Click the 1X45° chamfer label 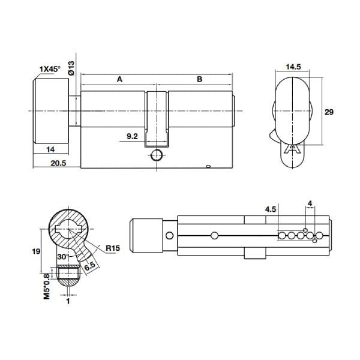(x=49, y=69)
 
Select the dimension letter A (x=119, y=79)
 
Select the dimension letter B (x=200, y=79)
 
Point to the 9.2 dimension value (x=133, y=137)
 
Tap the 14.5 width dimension (x=293, y=68)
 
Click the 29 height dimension (x=328, y=112)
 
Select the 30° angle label (x=63, y=257)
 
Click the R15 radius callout (x=112, y=247)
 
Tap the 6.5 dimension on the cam (x=90, y=265)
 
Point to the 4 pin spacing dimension (x=310, y=203)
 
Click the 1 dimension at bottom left (x=69, y=302)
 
